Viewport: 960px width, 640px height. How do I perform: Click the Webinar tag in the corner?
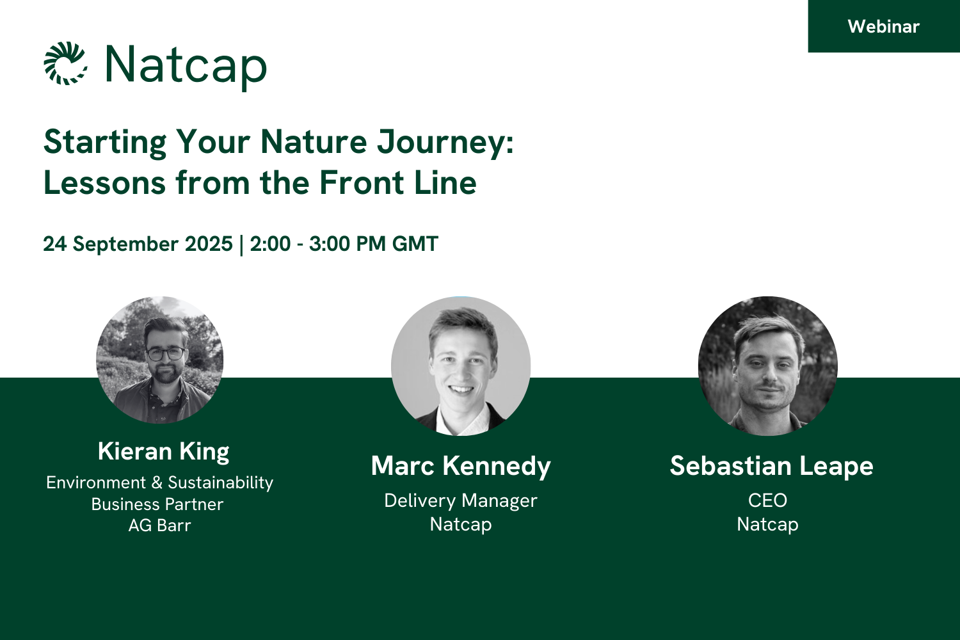[x=883, y=26]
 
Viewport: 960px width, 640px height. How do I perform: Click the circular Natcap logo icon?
[x=65, y=63]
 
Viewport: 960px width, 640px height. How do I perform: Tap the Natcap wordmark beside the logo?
[x=186, y=65]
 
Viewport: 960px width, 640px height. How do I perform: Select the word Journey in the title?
[x=445, y=142]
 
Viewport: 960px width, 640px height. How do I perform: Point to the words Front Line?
[x=397, y=183]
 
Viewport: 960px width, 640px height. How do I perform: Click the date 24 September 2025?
[x=138, y=244]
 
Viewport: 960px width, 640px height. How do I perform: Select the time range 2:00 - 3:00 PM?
[x=318, y=244]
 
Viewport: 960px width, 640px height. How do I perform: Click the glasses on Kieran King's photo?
[x=166, y=353]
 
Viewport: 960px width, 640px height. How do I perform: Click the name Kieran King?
[x=163, y=452]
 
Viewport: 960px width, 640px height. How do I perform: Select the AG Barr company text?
[x=159, y=525]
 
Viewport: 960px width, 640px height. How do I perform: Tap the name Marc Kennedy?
[x=461, y=466]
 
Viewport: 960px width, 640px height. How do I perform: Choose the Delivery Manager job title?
[x=461, y=500]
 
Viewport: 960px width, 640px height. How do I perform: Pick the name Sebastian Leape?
[x=771, y=466]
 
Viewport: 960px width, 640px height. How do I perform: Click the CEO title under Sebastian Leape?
[x=767, y=500]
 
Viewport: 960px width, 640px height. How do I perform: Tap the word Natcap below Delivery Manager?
[x=461, y=524]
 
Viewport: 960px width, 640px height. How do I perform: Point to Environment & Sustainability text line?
[x=159, y=483]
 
